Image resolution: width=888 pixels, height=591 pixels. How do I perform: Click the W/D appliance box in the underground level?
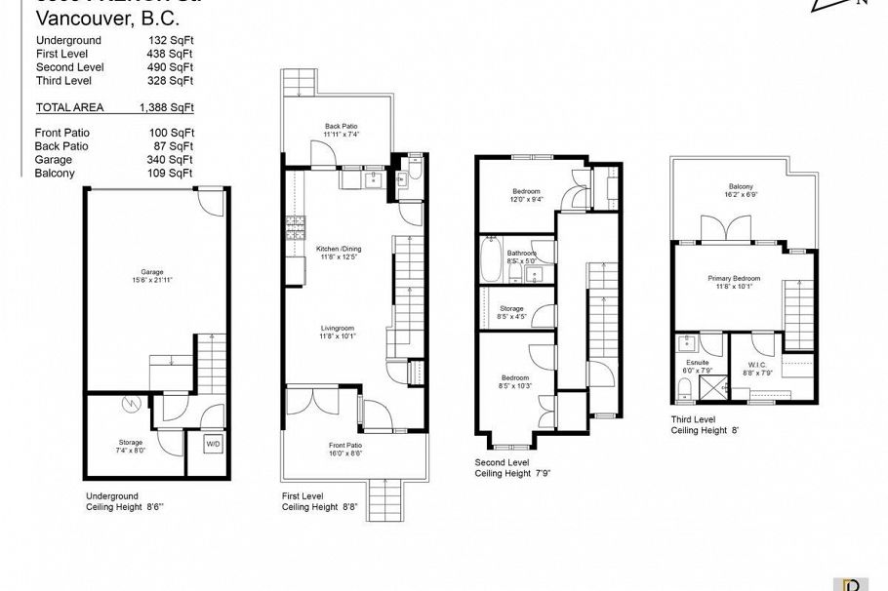click(212, 444)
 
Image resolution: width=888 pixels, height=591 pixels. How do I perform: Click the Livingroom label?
click(338, 333)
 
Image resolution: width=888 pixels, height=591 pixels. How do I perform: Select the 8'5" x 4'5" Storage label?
click(512, 312)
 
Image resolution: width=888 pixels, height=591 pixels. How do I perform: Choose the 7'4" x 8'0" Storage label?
click(130, 446)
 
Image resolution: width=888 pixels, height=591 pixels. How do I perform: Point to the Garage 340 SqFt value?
click(177, 159)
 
